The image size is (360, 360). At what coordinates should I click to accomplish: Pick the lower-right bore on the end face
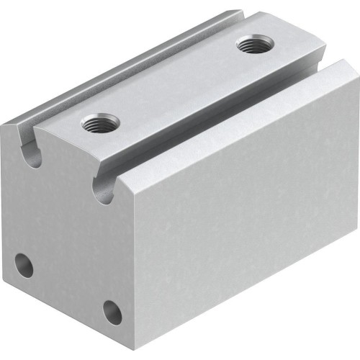(x=112, y=311)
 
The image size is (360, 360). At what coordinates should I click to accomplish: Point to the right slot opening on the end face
(x=103, y=189)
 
